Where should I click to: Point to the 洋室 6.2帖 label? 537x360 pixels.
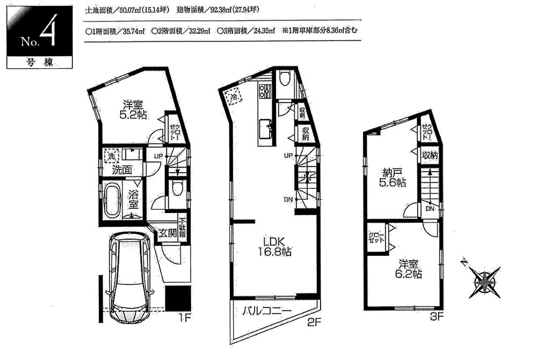(x=410, y=269)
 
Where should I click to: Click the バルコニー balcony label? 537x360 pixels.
(x=266, y=311)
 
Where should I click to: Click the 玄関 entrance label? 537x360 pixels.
(x=167, y=233)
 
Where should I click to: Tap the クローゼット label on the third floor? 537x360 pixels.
(x=376, y=238)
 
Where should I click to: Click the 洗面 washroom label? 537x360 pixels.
(x=122, y=170)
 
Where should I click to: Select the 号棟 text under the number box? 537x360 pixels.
(x=38, y=62)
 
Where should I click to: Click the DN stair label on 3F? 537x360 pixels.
(x=430, y=209)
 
